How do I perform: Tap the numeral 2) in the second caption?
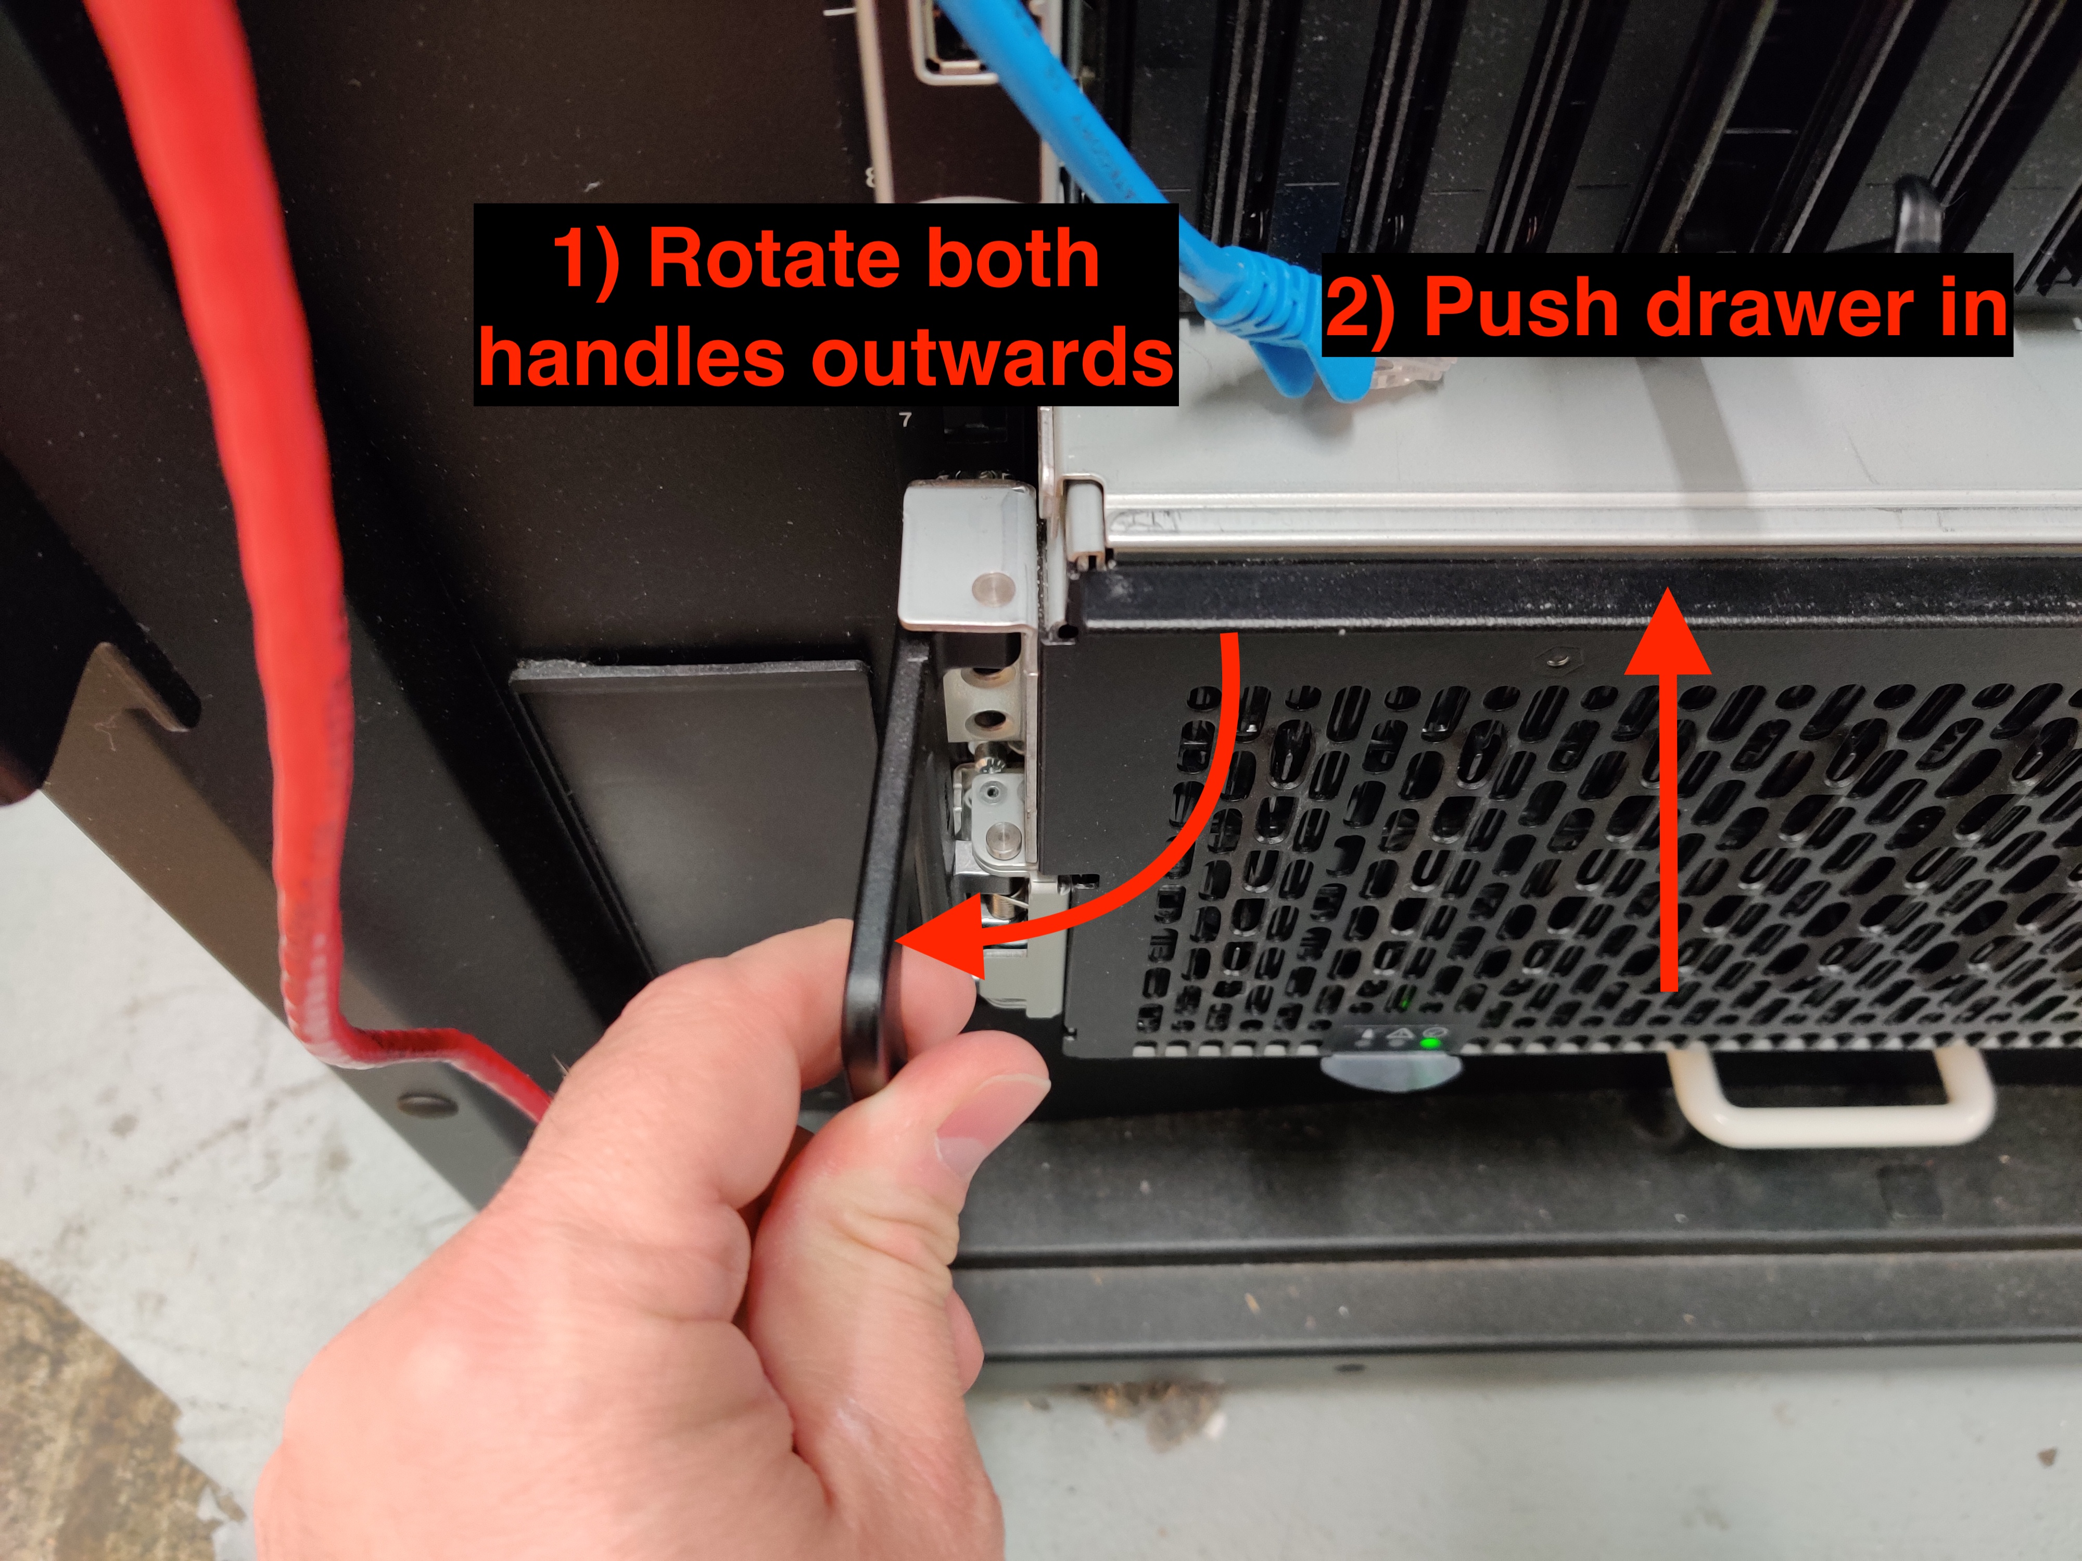[1362, 309]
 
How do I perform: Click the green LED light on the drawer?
[1431, 1042]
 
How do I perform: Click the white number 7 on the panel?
[906, 420]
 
